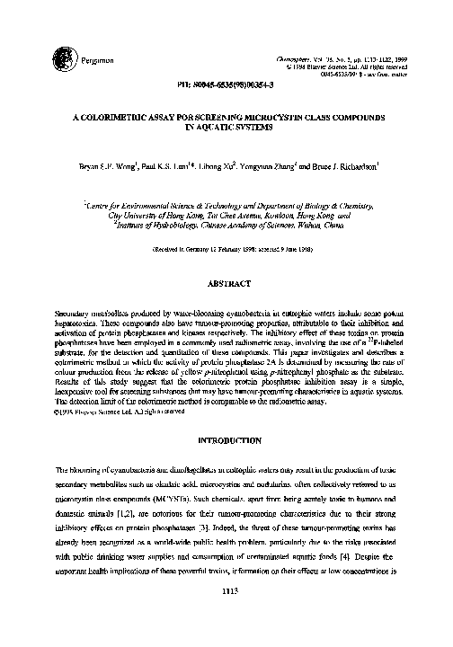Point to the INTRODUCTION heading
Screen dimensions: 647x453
(x=226, y=441)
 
